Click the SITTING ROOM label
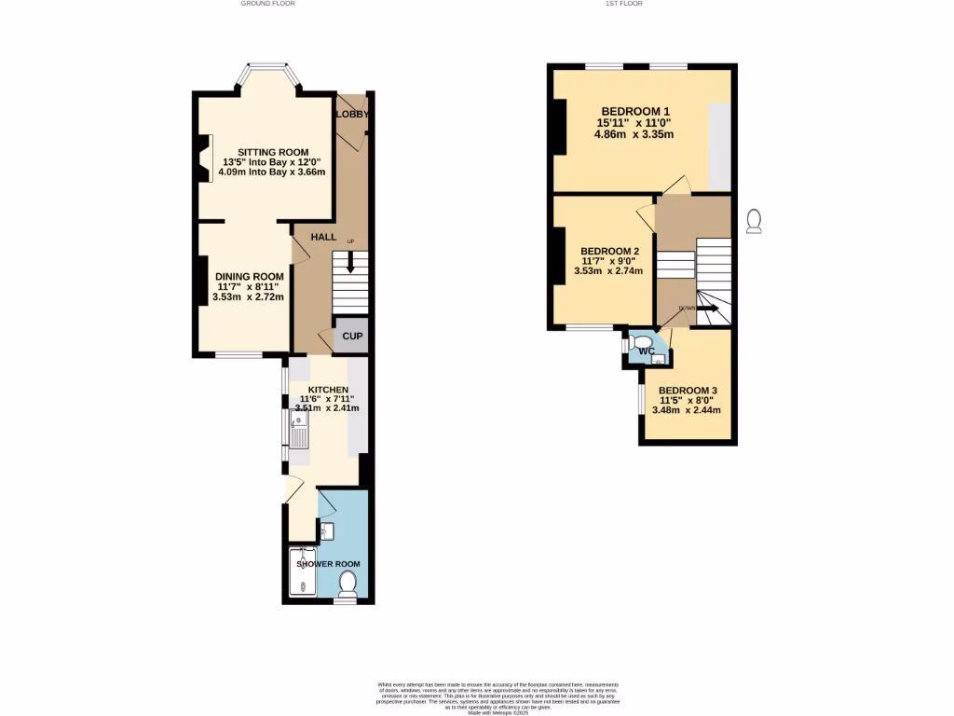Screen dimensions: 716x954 [x=272, y=152]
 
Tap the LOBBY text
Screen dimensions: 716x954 [x=353, y=114]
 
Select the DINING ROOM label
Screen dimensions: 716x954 [x=249, y=277]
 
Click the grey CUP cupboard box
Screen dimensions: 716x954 [x=352, y=337]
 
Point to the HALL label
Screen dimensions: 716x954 [x=323, y=238]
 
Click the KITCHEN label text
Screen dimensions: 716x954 [x=328, y=390]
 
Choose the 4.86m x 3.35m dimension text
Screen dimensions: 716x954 [x=634, y=134]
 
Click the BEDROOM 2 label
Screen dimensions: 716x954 [x=609, y=252]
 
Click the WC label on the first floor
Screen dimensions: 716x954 [x=647, y=351]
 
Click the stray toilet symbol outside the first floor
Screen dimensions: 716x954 [x=755, y=220]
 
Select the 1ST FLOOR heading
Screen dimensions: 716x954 [x=624, y=4]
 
